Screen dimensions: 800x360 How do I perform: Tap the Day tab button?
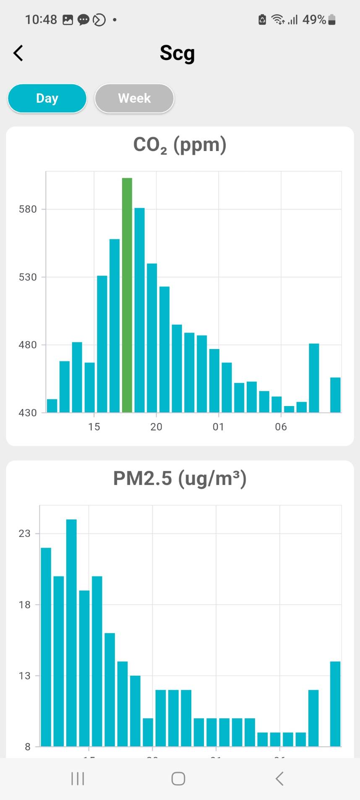[x=47, y=98]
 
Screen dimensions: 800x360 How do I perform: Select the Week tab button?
[x=134, y=98]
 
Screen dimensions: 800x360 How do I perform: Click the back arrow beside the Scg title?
[x=18, y=53]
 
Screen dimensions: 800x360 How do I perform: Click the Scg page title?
[x=177, y=53]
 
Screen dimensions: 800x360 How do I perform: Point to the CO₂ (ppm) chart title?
[x=180, y=145]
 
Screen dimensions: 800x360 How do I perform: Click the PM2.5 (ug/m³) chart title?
[x=180, y=478]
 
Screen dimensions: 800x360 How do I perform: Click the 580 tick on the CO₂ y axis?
[x=28, y=209]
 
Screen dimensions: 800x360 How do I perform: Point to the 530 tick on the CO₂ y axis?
[x=28, y=277]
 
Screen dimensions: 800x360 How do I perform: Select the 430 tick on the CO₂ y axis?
[x=28, y=413]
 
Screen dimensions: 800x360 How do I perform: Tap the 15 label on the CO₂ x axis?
[x=94, y=427]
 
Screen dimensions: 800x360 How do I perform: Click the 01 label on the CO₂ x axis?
[x=218, y=427]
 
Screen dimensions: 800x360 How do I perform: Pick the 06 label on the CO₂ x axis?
[x=281, y=427]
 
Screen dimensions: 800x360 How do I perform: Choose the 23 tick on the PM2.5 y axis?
[x=25, y=534]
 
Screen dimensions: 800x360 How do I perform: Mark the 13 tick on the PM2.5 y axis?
[x=25, y=676]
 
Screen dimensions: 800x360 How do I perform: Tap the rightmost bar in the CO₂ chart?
[x=335, y=395]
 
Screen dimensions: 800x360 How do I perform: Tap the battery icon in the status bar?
[x=331, y=20]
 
